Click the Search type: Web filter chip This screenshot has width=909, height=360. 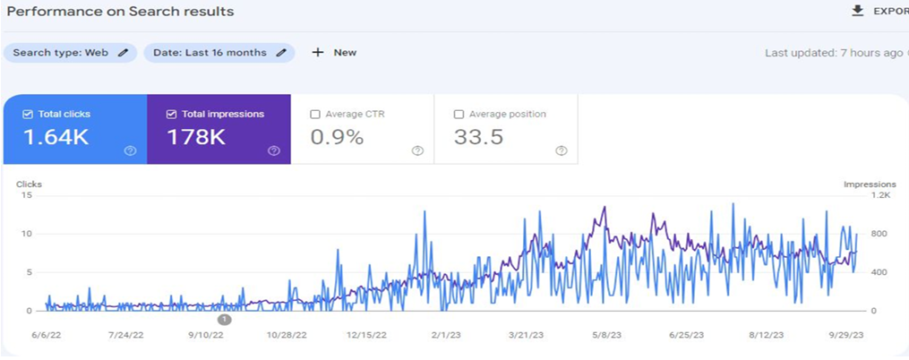click(x=70, y=53)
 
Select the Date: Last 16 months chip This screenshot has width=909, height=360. click(x=219, y=53)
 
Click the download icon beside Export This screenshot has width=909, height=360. click(x=857, y=11)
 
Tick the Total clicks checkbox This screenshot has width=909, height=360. click(x=28, y=115)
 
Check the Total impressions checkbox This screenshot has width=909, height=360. click(x=171, y=115)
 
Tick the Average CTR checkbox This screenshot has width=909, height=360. click(x=314, y=115)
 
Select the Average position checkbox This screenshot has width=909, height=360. click(x=459, y=115)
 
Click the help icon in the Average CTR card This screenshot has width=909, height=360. click(x=417, y=150)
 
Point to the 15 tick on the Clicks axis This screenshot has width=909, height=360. click(x=28, y=196)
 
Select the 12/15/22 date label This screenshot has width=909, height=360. click(x=367, y=335)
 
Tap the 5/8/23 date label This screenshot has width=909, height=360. click(x=607, y=335)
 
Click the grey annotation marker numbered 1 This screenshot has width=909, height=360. click(x=224, y=319)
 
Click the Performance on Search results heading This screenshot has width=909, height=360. click(x=121, y=12)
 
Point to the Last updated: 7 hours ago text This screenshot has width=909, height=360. click(x=833, y=53)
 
